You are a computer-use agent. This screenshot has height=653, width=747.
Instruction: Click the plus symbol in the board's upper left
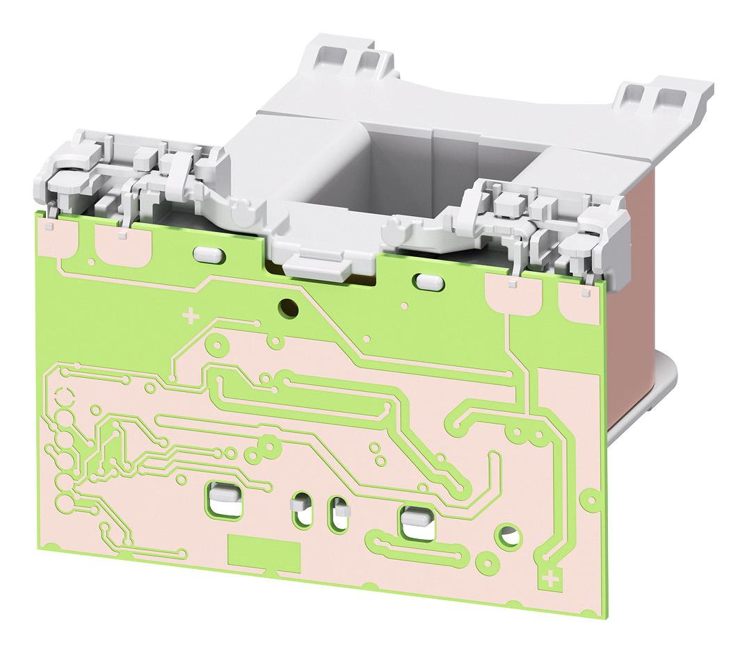[x=189, y=317]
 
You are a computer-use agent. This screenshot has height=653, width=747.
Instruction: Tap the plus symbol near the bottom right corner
[x=552, y=577]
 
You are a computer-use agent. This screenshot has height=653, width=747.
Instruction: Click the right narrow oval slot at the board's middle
[x=338, y=512]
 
